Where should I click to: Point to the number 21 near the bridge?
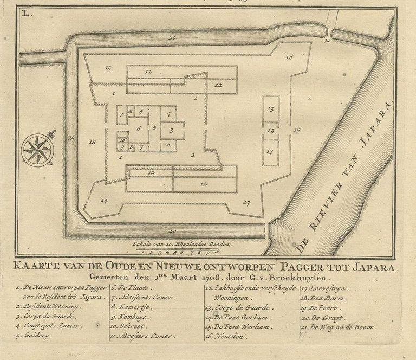coord(327,40)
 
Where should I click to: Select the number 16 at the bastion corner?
coord(289,57)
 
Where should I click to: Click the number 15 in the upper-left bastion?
coord(108,68)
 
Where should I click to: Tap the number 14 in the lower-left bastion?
coord(104,201)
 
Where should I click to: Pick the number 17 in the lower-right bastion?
coord(246,203)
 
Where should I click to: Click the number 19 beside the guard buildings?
coord(296,130)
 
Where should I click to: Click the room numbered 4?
coord(169,114)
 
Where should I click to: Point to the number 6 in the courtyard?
coord(139,128)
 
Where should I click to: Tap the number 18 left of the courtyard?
coord(93,142)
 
